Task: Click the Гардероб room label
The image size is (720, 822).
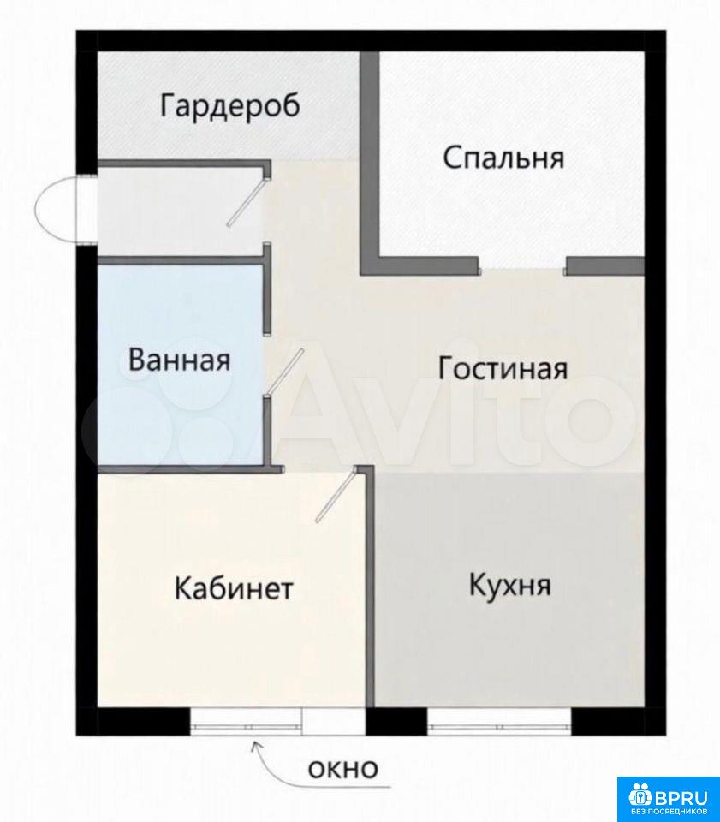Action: (230, 106)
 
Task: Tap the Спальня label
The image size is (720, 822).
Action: (503, 158)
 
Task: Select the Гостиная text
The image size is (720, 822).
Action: (503, 368)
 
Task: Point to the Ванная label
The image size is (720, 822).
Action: (179, 360)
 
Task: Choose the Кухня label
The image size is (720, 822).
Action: (510, 585)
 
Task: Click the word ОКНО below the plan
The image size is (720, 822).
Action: (343, 770)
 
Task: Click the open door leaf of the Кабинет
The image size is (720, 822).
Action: (336, 496)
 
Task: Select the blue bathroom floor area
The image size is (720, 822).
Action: (180, 365)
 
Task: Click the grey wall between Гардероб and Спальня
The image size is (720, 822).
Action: (370, 164)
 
